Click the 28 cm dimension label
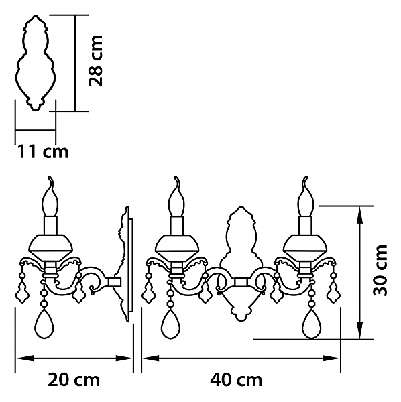(96, 61)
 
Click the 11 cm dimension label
(43, 151)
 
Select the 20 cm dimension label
(74, 379)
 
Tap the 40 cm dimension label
(236, 379)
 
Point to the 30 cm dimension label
(380, 270)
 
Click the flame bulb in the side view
(50, 196)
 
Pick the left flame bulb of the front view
(176, 196)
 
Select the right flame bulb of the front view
(305, 196)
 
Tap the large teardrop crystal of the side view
(44, 323)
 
